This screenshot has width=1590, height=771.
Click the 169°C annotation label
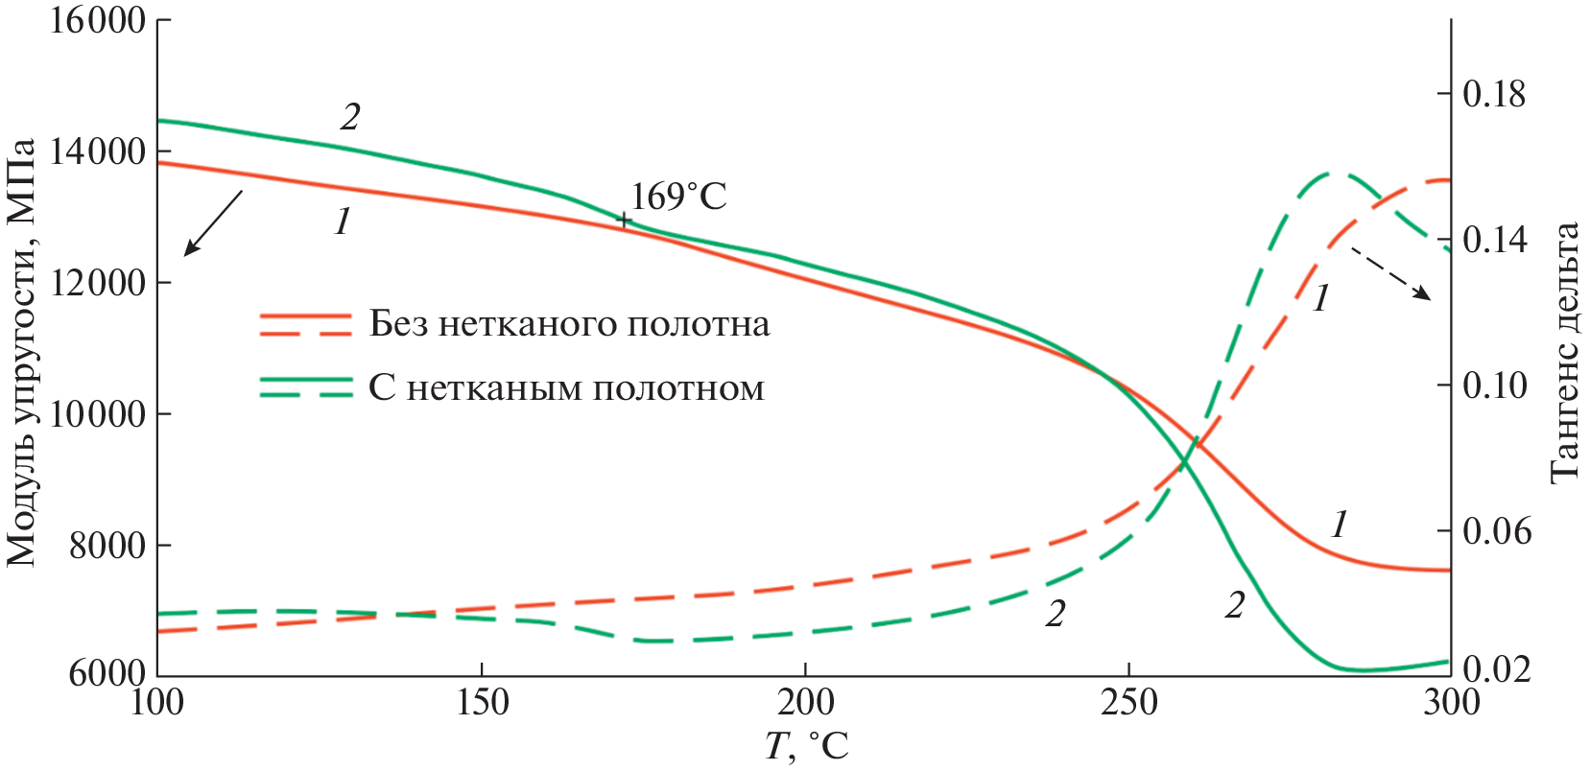(x=678, y=197)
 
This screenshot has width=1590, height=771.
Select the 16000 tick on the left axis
(x=97, y=20)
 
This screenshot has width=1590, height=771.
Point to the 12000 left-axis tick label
(x=97, y=283)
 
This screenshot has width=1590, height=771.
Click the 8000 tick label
(x=107, y=546)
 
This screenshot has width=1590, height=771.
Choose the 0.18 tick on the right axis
(x=1494, y=94)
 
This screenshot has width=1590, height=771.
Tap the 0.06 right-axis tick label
(x=1496, y=531)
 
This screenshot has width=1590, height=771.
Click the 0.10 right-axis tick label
(x=1494, y=385)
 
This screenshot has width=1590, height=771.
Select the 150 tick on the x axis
(x=481, y=703)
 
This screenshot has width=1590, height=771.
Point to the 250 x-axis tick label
(x=1127, y=703)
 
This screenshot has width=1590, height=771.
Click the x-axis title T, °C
(x=806, y=746)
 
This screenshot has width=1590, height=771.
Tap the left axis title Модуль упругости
(x=21, y=352)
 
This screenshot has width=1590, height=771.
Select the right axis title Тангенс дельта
(x=1565, y=352)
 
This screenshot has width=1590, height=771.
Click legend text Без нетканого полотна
(x=569, y=324)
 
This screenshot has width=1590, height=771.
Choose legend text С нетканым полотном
(x=566, y=388)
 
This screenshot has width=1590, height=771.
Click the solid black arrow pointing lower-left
(x=212, y=223)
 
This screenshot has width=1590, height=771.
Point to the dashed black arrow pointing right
(x=1390, y=273)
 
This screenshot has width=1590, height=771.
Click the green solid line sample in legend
(x=306, y=380)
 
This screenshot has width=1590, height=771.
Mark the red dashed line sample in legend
(x=306, y=333)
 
